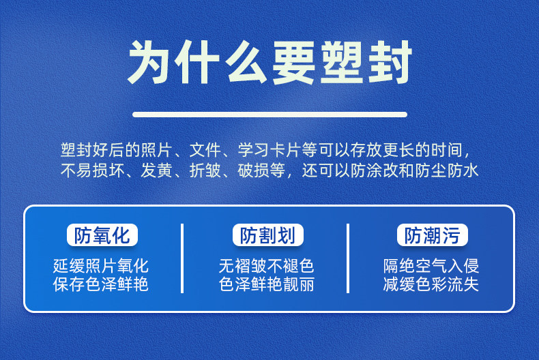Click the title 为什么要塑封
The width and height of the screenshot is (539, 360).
coord(270,63)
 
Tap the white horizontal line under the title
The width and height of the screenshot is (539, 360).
coord(270,115)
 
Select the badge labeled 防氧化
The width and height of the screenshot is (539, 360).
coord(102,235)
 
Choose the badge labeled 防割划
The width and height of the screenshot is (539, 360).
coord(267,235)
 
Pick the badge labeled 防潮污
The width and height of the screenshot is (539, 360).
coord(433,235)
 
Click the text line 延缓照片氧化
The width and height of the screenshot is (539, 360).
coord(101,265)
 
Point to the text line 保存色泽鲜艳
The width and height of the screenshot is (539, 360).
coord(101,284)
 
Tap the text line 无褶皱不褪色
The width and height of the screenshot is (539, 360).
coord(266,265)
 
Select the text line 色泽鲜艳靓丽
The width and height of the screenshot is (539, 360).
coord(266,284)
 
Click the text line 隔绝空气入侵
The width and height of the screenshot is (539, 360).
coord(431,265)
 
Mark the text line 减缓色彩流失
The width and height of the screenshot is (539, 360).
coord(431,284)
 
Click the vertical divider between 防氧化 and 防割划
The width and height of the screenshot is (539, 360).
coord(182,258)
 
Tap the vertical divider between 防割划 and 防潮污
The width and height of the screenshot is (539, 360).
coord(348,258)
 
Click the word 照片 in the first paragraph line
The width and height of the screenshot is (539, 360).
coord(157,150)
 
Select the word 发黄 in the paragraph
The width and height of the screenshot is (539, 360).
coord(157,170)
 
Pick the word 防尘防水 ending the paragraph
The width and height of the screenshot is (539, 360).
coord(446,170)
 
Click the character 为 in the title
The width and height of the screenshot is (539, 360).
coord(148,63)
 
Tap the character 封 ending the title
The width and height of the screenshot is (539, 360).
coord(390,63)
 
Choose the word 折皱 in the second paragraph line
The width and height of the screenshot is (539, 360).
coord(205,170)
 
